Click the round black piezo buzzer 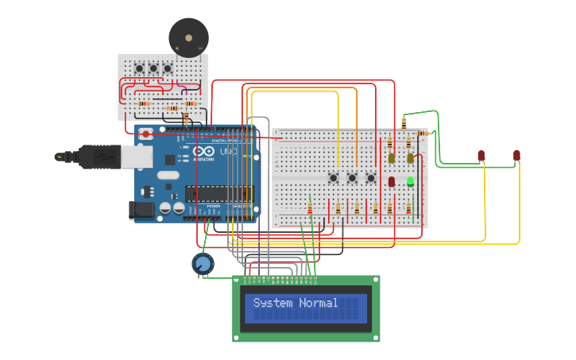point(188,37)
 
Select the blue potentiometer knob point(203,263)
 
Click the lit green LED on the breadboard point(411,181)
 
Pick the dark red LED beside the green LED point(392,181)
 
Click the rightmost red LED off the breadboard point(516,155)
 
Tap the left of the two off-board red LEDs point(481,155)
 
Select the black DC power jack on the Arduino point(141,210)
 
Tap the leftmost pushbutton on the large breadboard point(334,178)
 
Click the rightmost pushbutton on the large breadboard point(370,178)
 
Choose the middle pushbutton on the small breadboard point(153,68)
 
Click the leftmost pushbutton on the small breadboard point(139,68)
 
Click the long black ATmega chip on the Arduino point(218,193)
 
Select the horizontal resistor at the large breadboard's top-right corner point(421,134)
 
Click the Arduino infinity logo point(203,152)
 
